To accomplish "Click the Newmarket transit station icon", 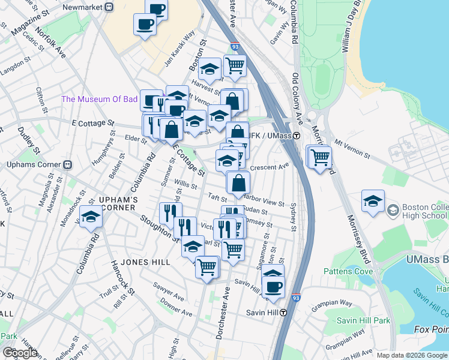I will pos(109,7).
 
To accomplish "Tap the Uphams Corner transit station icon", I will pos(68,164).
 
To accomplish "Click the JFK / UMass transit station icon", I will pos(296,136).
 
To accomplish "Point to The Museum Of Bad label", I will pos(100,99).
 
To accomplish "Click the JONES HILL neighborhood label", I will pos(132,262).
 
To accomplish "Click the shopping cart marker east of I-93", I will pos(321,158).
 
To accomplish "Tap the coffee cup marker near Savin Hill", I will pos(274,287).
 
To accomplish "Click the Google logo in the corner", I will pos(20,353).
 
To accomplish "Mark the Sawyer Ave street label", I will pos(168,292).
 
